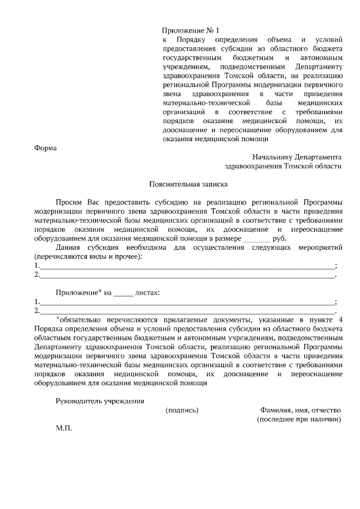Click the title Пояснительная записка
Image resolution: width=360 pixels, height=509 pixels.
point(181,184)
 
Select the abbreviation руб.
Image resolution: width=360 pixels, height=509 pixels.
point(279,238)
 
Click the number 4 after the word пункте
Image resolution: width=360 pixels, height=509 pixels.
point(340,319)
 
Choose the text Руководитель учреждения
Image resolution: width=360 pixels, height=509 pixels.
point(100,401)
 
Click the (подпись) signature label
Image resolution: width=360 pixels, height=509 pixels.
point(182,410)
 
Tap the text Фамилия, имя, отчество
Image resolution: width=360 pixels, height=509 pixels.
point(300,410)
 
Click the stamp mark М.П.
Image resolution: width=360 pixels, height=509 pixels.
point(64,428)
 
